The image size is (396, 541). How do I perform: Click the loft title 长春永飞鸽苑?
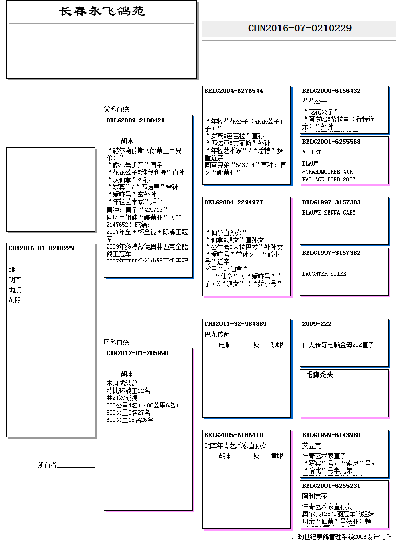coord(102,11)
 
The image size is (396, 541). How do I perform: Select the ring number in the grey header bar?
coord(299,28)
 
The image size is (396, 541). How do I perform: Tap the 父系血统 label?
coord(116,110)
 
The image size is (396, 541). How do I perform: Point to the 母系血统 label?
coord(116,343)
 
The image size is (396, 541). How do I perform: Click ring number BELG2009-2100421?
coord(135,120)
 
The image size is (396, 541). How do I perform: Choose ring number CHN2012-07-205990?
coord(137,353)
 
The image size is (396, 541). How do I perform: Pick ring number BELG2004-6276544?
coord(234,91)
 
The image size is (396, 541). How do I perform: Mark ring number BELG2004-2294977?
coord(234,202)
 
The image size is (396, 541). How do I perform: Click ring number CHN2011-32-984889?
coord(236,324)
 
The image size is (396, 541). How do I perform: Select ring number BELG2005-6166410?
coord(234,435)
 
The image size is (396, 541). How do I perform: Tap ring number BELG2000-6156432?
coord(331,91)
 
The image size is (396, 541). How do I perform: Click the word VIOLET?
coord(312,152)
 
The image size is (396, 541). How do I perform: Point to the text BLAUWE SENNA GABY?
coord(329,213)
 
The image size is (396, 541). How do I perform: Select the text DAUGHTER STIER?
coord(324,274)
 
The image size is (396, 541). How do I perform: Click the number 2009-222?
coord(317,324)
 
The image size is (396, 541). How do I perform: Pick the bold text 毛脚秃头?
coord(318,374)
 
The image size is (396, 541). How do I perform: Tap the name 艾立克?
coord(312,445)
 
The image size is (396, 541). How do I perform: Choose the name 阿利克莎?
coord(315,496)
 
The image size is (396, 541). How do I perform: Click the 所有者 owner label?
coord(47,465)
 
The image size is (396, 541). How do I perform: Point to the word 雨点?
coord(15,290)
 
